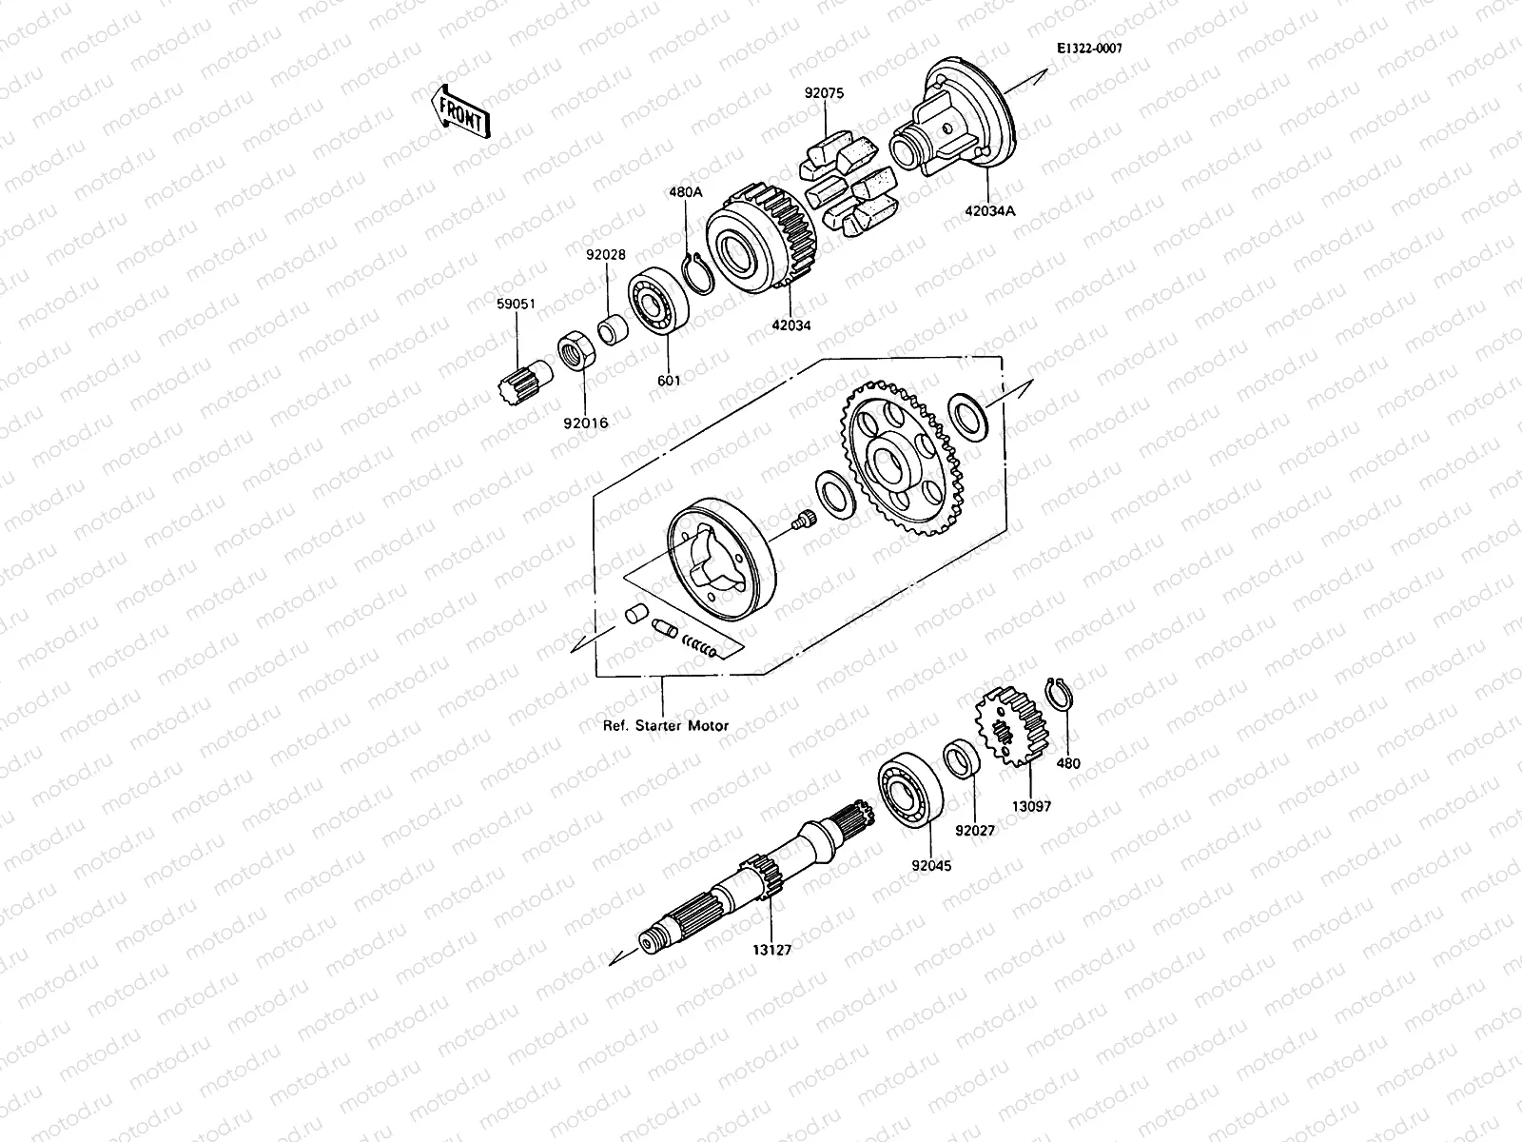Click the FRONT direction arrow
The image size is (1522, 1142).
pyautogui.click(x=460, y=110)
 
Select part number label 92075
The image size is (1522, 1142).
pyautogui.click(x=824, y=93)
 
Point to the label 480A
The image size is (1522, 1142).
pyautogui.click(x=685, y=191)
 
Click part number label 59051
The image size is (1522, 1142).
pyautogui.click(x=517, y=304)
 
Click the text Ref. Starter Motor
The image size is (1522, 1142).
pyautogui.click(x=666, y=725)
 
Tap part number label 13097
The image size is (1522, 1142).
pyautogui.click(x=1030, y=805)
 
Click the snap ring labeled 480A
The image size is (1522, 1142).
pyautogui.click(x=698, y=275)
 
